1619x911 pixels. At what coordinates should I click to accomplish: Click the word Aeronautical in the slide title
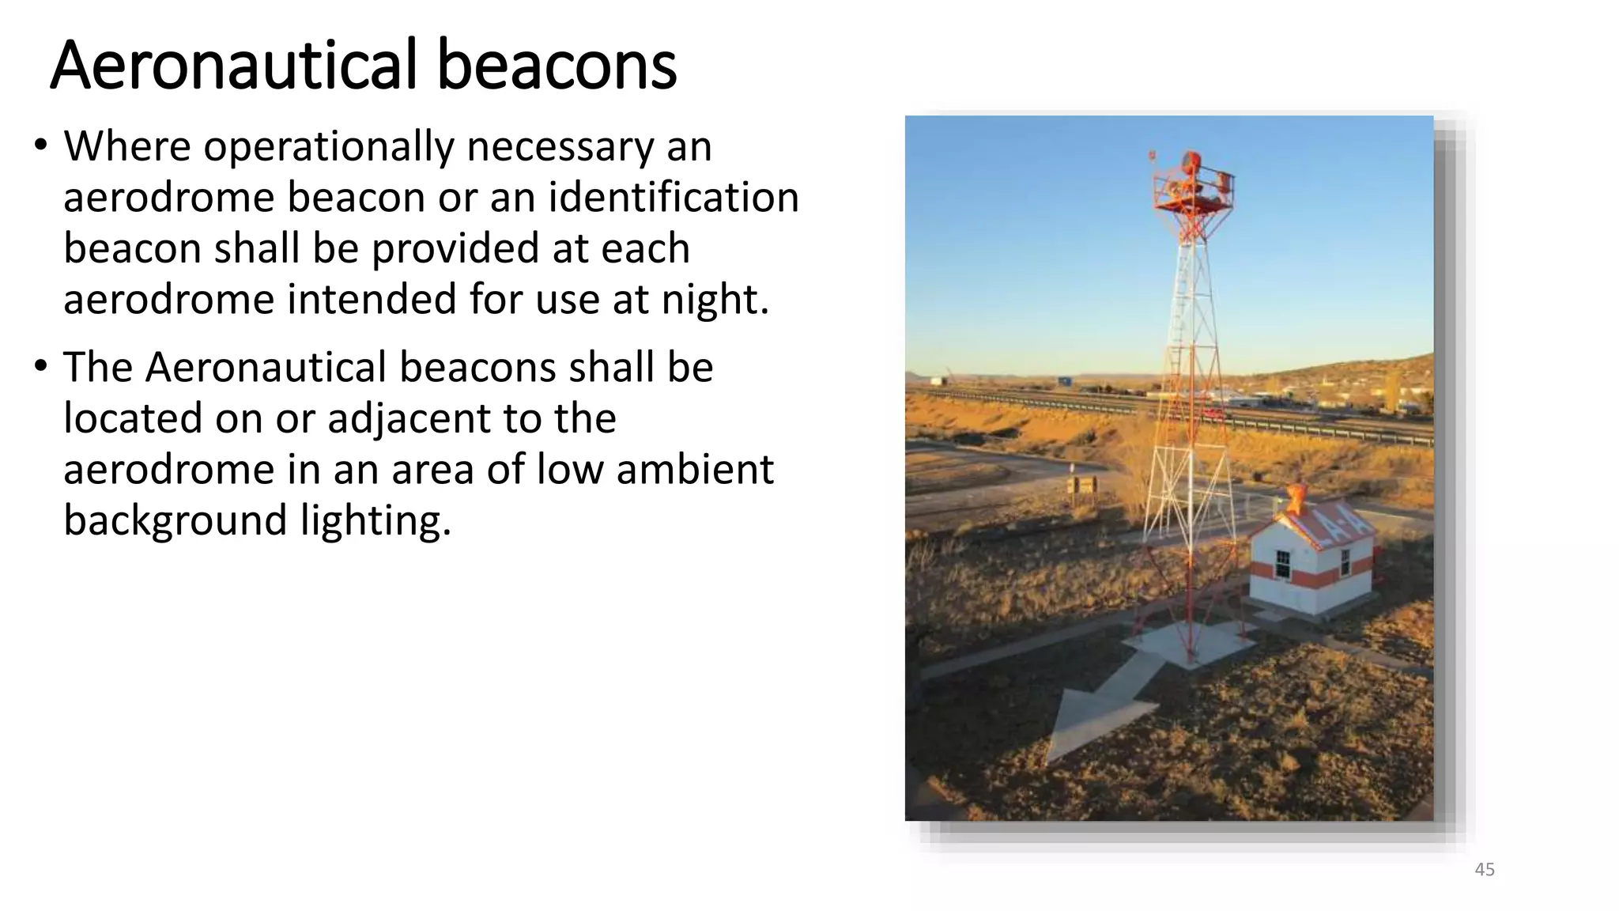pyautogui.click(x=232, y=66)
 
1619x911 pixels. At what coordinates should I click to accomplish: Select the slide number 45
pyautogui.click(x=1485, y=870)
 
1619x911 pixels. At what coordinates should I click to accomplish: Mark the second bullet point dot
pyautogui.click(x=40, y=367)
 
